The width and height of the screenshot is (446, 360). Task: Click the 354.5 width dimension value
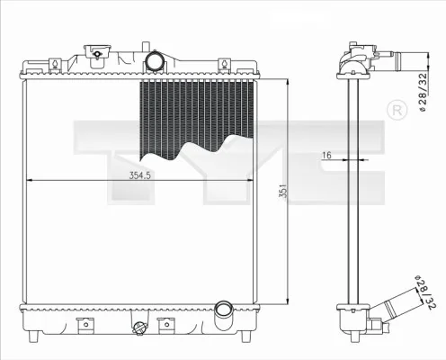pos(139,175)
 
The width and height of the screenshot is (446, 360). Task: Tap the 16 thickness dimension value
pos(327,156)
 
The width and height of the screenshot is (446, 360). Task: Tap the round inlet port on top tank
pos(156,62)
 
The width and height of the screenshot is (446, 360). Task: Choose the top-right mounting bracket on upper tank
pos(248,66)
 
